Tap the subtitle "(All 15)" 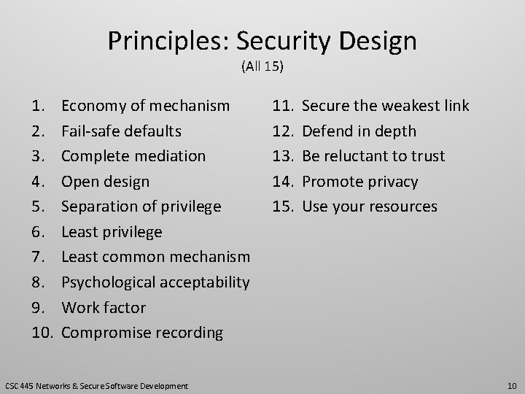(x=262, y=68)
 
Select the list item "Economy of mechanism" (x=145, y=107)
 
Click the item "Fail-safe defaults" (x=121, y=131)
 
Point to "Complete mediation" (x=133, y=156)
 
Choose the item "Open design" (x=105, y=181)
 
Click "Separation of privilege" (x=141, y=206)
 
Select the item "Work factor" (x=104, y=307)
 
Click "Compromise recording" (x=142, y=333)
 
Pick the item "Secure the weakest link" (x=385, y=107)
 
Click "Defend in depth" (x=359, y=131)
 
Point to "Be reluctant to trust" (x=373, y=156)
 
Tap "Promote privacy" (x=360, y=181)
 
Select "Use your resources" (x=369, y=206)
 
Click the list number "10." (x=43, y=333)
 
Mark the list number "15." (x=283, y=206)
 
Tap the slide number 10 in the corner (x=511, y=385)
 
